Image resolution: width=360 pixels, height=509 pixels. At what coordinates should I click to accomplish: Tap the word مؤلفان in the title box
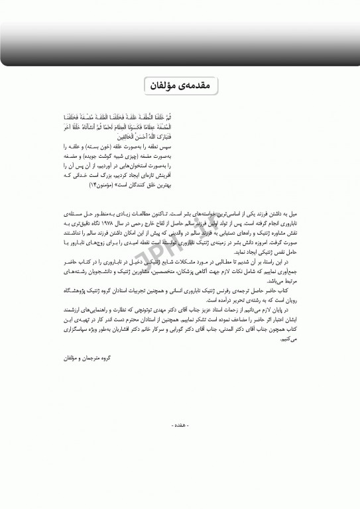[x=163, y=86]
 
